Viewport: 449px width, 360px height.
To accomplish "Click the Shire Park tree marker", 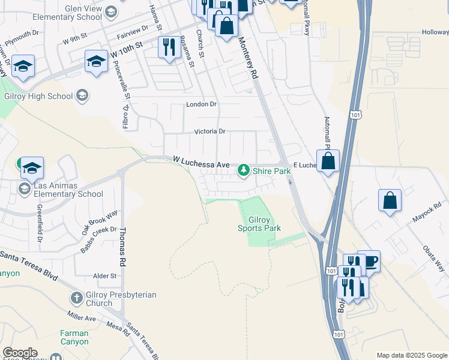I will [244, 171].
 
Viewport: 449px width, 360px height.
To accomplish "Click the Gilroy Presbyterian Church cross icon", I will [76, 298].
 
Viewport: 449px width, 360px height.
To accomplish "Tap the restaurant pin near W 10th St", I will [169, 47].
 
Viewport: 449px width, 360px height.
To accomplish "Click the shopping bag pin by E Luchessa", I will [328, 161].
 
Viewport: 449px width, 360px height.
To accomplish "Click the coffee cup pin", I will [369, 261].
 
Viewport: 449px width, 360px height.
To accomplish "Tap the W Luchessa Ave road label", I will [201, 163].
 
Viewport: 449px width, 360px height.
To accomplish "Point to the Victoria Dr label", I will [209, 131].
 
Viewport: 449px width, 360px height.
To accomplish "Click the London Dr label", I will [201, 104].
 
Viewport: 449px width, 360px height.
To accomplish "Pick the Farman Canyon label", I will [74, 338].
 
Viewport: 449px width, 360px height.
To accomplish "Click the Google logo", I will [20, 353].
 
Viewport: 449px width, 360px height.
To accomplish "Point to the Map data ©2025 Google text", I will [411, 355].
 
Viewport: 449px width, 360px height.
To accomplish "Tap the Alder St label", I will [104, 276].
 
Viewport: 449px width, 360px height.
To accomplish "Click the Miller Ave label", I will [82, 317].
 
